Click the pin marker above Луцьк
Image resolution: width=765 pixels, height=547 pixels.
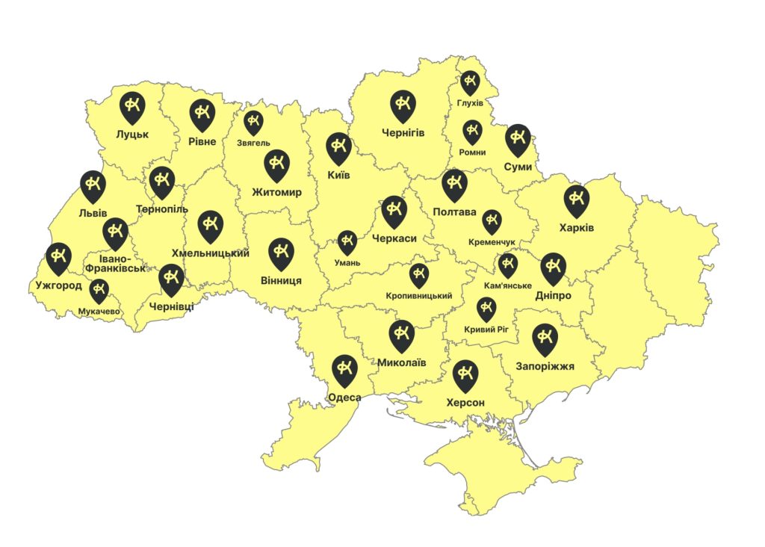(x=133, y=107)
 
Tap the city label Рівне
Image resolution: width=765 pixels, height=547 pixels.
(x=202, y=142)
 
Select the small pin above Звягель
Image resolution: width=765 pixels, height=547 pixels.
(x=254, y=122)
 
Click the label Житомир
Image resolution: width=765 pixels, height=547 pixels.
(x=276, y=193)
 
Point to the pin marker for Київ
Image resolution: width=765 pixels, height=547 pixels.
(x=339, y=147)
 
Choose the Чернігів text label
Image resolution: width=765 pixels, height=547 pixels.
(x=403, y=133)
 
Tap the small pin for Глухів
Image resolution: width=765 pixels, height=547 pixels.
(x=470, y=81)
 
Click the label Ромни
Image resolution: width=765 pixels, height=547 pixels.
(x=474, y=152)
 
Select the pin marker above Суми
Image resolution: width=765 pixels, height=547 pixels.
(x=517, y=138)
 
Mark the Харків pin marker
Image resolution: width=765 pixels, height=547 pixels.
(x=576, y=200)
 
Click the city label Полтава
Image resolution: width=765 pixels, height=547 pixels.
(x=454, y=212)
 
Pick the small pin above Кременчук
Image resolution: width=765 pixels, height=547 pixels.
(x=492, y=221)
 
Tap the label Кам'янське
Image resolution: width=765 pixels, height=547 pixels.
(x=507, y=286)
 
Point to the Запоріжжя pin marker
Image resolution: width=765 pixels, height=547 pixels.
(x=545, y=339)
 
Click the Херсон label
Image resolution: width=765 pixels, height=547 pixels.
(x=465, y=403)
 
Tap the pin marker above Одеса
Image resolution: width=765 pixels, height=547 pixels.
(x=344, y=369)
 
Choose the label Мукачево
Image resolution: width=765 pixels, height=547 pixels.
(x=99, y=311)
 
